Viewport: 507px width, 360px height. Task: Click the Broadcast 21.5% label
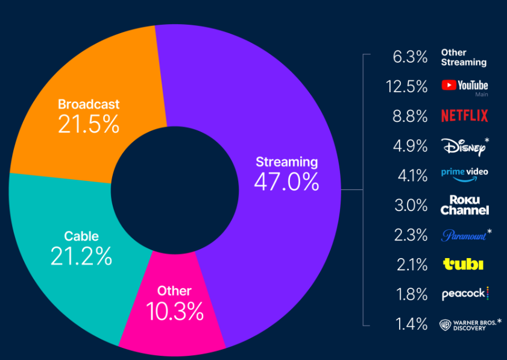pyautogui.click(x=89, y=116)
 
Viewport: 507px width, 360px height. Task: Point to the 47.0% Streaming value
pyautogui.click(x=286, y=182)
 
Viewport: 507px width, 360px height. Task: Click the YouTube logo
pyautogui.click(x=464, y=86)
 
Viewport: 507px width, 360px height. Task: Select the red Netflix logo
pyautogui.click(x=464, y=115)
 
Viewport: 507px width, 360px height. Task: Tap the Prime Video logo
pyautogui.click(x=464, y=174)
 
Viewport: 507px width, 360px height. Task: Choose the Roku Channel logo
pyautogui.click(x=464, y=205)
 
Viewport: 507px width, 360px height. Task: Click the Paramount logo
pyautogui.click(x=464, y=235)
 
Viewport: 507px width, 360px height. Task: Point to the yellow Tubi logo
pyautogui.click(x=463, y=264)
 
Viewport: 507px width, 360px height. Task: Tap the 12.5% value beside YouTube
pyautogui.click(x=407, y=86)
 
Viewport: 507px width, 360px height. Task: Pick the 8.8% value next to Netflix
pyautogui.click(x=411, y=116)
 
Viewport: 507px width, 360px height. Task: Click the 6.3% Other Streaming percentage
pyautogui.click(x=411, y=57)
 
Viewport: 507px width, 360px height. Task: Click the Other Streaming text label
pyautogui.click(x=463, y=57)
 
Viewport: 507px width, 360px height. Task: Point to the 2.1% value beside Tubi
pyautogui.click(x=411, y=264)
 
